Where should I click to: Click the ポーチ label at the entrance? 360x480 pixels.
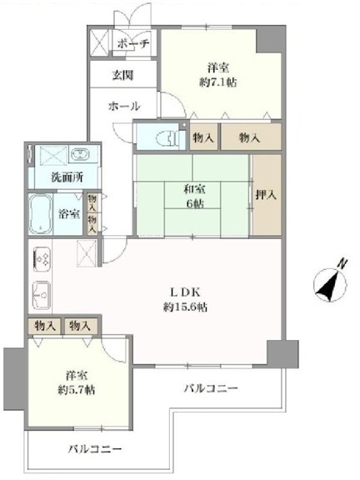(133, 43)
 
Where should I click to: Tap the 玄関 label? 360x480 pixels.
(122, 75)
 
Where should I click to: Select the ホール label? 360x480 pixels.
(124, 106)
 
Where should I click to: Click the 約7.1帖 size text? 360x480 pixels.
(218, 82)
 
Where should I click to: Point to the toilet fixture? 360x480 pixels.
(167, 139)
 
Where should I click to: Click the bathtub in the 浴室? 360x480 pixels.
(40, 213)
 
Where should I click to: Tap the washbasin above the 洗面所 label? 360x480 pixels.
(80, 153)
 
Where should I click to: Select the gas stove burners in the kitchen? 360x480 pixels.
(42, 258)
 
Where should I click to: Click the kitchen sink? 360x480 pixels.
(42, 295)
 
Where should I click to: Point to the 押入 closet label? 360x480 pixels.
(266, 194)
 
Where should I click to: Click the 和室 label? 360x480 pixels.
(194, 189)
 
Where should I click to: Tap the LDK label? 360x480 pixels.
(185, 292)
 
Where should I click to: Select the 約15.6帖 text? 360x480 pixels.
(185, 307)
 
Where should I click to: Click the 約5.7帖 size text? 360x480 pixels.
(77, 389)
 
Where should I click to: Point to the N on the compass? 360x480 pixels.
(342, 263)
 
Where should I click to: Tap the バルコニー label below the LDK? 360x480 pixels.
(211, 388)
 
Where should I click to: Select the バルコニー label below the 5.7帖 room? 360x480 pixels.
(95, 449)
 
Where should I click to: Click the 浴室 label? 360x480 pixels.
(69, 213)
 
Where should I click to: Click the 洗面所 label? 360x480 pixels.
(67, 177)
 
